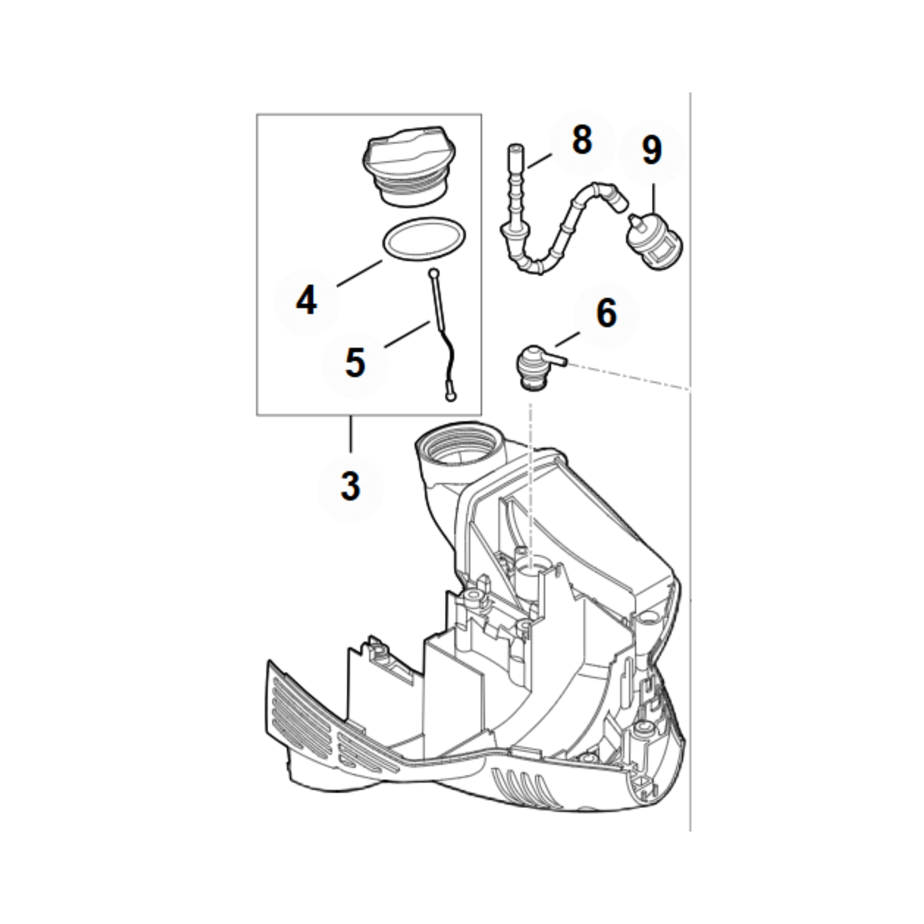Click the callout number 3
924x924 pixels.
click(350, 486)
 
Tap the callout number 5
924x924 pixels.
click(355, 363)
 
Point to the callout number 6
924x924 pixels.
click(607, 314)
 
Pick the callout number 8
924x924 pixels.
click(582, 140)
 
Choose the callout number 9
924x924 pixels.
click(652, 150)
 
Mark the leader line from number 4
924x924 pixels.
click(359, 273)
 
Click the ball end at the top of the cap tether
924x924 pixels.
click(433, 273)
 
